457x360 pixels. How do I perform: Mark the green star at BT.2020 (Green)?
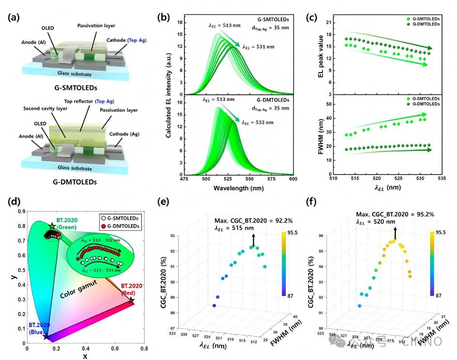coord(52,226)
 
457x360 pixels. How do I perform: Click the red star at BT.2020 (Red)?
coord(131,301)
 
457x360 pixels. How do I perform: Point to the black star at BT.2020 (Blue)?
coord(46,336)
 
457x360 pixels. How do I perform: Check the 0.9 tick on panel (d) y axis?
coord(19,212)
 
